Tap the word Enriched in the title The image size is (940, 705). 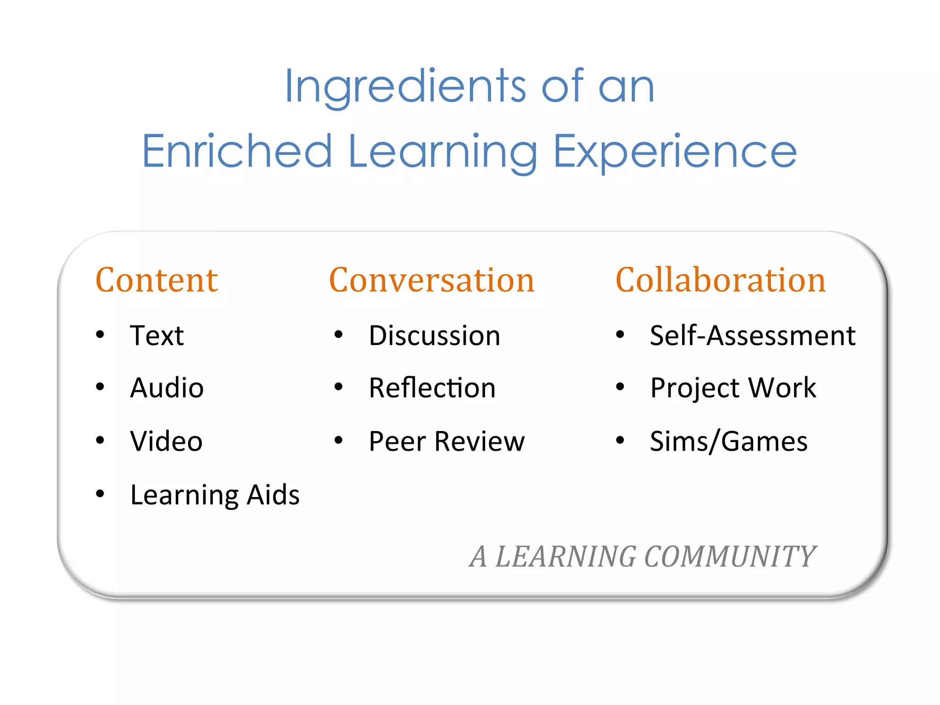point(237,151)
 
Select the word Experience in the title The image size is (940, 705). point(675,151)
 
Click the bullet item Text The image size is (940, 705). point(157,336)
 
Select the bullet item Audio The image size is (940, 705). point(167,388)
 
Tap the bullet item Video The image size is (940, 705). point(166,441)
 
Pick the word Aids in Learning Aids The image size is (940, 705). point(273,495)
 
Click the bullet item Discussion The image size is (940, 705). point(434,336)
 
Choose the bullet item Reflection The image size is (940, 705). point(432,388)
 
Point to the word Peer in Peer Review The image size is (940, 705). point(397,442)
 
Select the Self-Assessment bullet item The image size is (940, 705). point(753,336)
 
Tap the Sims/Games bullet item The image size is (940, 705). point(729,442)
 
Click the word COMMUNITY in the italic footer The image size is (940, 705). point(730,557)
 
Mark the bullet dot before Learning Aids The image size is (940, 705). point(100,494)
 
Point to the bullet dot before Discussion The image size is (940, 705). point(339,335)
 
